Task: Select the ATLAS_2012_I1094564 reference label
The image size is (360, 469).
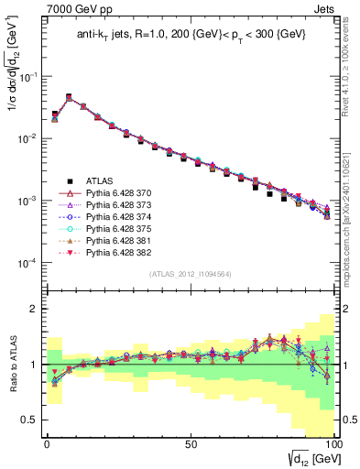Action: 190,271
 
